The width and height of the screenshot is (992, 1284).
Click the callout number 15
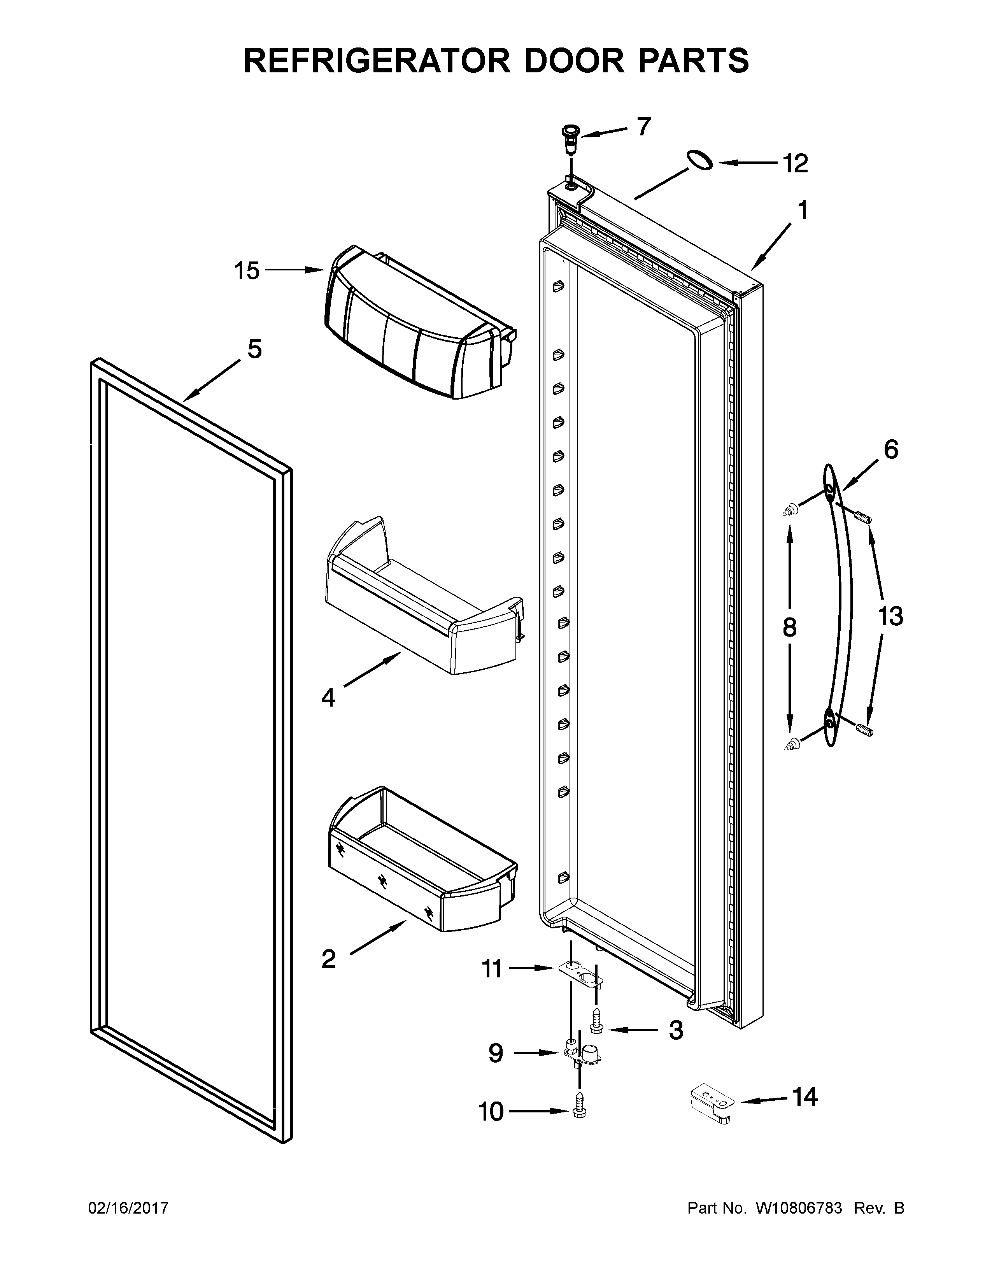(x=247, y=271)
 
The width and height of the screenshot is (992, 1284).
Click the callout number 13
(x=890, y=616)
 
